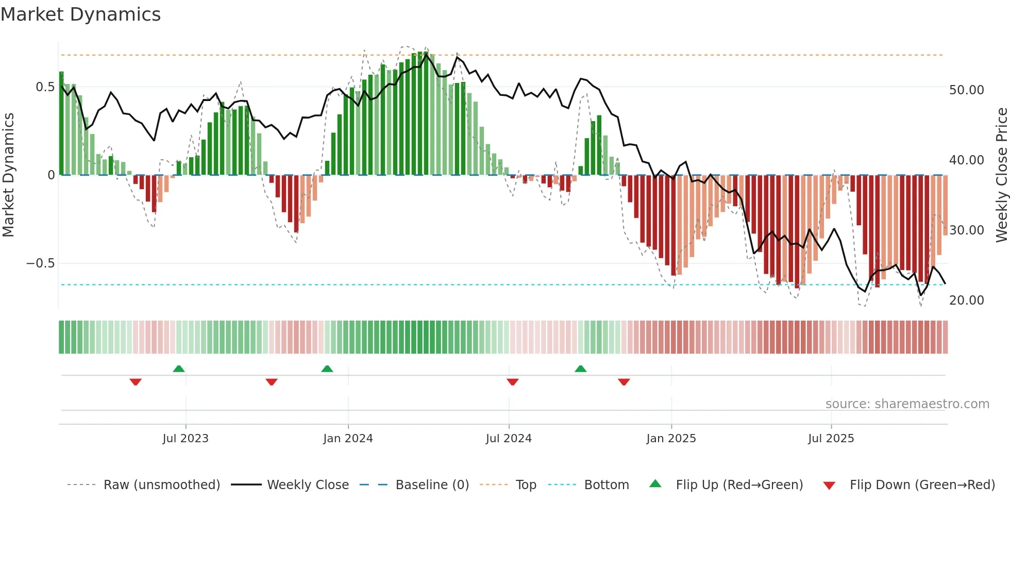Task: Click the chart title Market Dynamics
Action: [x=80, y=14]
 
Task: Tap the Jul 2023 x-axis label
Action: [x=186, y=439]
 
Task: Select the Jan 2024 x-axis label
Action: [x=348, y=439]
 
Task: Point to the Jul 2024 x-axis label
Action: [x=509, y=439]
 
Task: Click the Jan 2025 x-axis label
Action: [x=671, y=439]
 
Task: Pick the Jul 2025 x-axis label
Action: [x=831, y=439]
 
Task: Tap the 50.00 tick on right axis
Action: [x=966, y=90]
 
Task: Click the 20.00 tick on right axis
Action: [x=966, y=300]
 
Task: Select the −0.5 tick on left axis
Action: [x=40, y=263]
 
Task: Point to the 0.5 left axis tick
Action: [x=45, y=87]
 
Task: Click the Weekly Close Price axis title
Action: [x=1001, y=175]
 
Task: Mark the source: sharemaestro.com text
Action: [x=907, y=404]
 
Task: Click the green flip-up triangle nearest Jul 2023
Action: [x=179, y=369]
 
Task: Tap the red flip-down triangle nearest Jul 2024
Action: [x=512, y=382]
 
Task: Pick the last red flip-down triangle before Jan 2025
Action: [x=624, y=382]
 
